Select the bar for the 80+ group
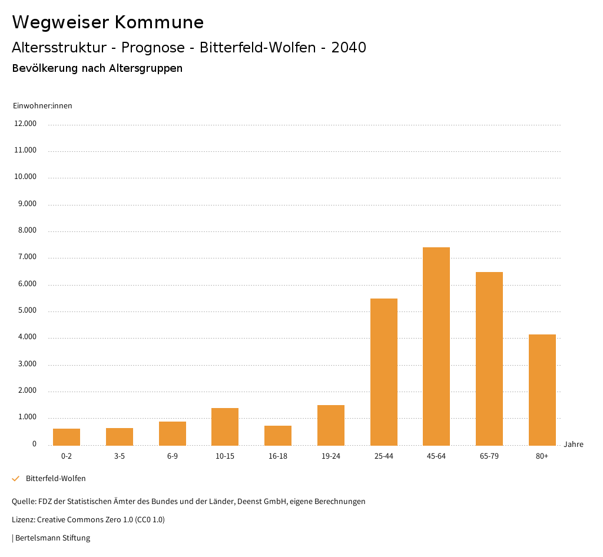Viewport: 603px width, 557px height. click(x=542, y=390)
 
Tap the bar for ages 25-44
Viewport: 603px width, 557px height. click(x=383, y=372)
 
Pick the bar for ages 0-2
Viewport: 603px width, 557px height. click(x=67, y=437)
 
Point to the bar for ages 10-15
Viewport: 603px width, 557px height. click(x=225, y=426)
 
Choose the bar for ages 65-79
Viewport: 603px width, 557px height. click(x=489, y=359)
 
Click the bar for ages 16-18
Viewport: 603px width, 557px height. click(x=278, y=435)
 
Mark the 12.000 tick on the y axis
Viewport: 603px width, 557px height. click(x=25, y=124)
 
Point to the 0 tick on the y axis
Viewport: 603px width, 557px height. click(x=34, y=444)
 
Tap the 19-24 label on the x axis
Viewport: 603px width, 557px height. click(x=331, y=456)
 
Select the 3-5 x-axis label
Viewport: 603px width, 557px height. click(x=120, y=456)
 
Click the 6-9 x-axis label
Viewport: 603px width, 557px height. click(x=172, y=456)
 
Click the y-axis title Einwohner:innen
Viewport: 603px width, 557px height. click(x=42, y=106)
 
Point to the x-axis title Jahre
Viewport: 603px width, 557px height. click(x=573, y=445)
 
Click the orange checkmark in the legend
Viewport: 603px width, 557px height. click(x=16, y=479)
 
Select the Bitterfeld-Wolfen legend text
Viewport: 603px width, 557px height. click(x=55, y=479)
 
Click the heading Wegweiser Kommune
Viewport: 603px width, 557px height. click(x=108, y=22)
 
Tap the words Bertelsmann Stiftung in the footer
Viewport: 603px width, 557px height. click(x=52, y=538)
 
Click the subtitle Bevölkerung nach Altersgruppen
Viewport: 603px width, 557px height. click(x=97, y=68)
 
